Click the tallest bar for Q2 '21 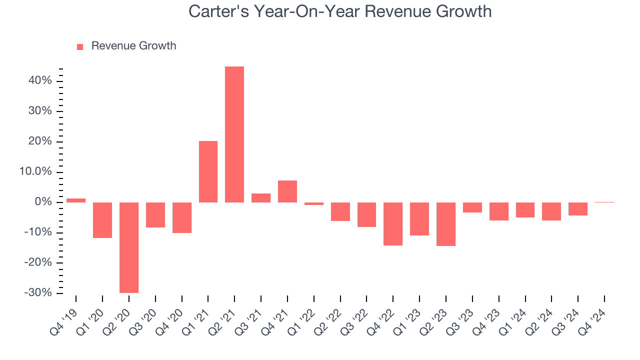pos(234,134)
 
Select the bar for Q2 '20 pos(129,247)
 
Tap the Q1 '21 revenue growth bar pos(208,171)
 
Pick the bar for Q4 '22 pos(393,224)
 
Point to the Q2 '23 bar pos(446,224)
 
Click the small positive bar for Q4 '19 pos(76,200)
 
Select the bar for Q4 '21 pos(287,191)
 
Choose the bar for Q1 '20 pos(102,220)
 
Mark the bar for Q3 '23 pos(472,207)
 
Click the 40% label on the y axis pos(40,80)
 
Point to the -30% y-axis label pos(38,292)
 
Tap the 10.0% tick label pos(35,172)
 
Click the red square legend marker pos(80,46)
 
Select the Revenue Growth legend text pos(133,46)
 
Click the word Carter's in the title pos(218,11)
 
